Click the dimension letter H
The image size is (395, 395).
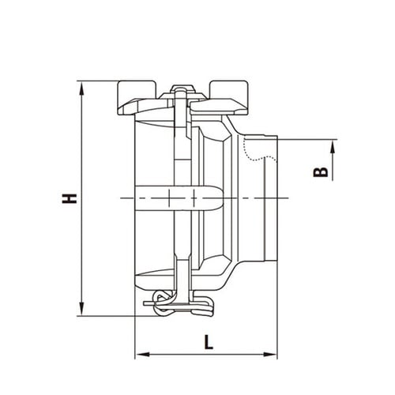[70, 198]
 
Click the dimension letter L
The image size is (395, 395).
[209, 342]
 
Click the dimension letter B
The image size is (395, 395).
[321, 172]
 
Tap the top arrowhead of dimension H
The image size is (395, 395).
[82, 88]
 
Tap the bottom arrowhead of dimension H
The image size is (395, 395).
[82, 309]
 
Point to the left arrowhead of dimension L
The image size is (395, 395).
[142, 355]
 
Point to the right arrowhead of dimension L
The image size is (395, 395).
[270, 355]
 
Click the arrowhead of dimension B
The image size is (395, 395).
[333, 146]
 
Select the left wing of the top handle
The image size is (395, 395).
[137, 99]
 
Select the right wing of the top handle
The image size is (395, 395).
[228, 99]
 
